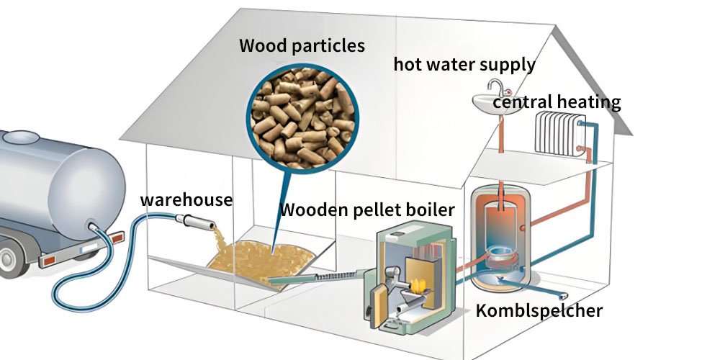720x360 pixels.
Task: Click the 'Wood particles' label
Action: click(x=302, y=47)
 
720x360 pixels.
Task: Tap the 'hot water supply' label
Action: click(x=464, y=64)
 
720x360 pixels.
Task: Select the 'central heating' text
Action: click(x=557, y=102)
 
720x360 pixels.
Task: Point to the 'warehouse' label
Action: click(x=186, y=199)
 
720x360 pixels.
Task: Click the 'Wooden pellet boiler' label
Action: click(x=367, y=210)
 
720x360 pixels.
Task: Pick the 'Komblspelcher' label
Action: click(x=539, y=311)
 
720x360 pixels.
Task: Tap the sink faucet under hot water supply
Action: click(x=495, y=88)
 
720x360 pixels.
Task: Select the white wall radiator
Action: click(x=560, y=133)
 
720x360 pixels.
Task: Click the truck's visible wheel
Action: click(x=9, y=258)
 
